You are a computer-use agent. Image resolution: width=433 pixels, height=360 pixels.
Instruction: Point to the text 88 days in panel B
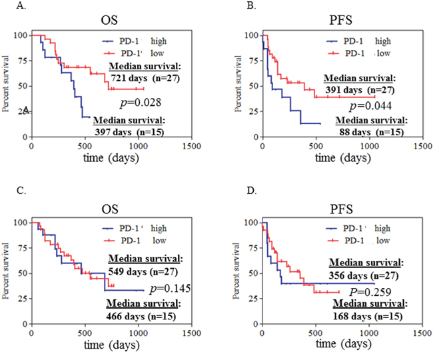(x=351, y=132)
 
